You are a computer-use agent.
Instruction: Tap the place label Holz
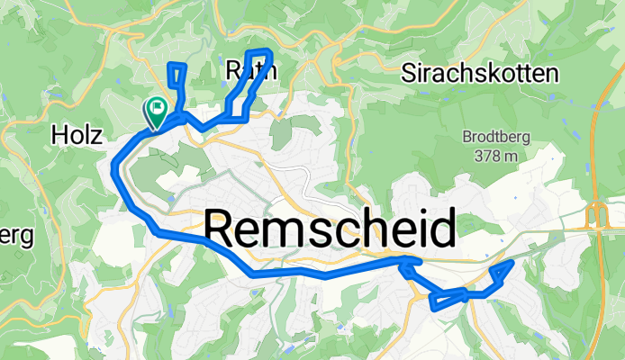pyautogui.click(x=79, y=135)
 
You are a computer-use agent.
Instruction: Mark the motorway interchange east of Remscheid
pyautogui.click(x=595, y=216)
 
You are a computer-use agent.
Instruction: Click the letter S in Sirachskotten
pyautogui.click(x=411, y=73)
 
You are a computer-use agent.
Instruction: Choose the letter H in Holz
pyautogui.click(x=60, y=135)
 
